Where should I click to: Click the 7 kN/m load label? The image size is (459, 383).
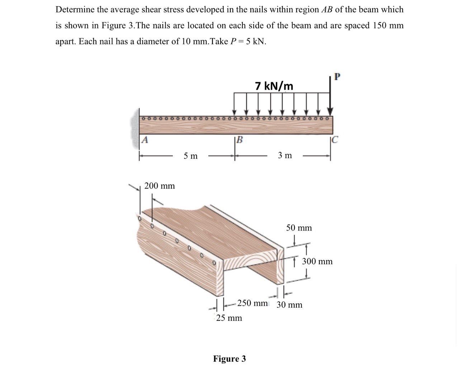[274, 86]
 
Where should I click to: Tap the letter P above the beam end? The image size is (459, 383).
[336, 76]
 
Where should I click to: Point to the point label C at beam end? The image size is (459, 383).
[334, 140]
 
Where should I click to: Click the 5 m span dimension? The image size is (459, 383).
[190, 156]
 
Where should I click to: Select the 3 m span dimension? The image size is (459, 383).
[285, 155]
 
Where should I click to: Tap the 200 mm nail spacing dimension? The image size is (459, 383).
[160, 186]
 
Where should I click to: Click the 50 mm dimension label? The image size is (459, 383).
[299, 228]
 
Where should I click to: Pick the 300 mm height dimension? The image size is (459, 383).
[317, 261]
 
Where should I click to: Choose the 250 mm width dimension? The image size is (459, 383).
[252, 303]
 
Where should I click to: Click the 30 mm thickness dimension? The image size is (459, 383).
[289, 305]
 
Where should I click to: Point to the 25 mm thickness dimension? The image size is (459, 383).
[229, 318]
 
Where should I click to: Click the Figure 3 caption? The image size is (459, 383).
[229, 359]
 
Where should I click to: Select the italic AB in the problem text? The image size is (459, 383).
[325, 10]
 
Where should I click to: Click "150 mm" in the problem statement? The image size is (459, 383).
[388, 25]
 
